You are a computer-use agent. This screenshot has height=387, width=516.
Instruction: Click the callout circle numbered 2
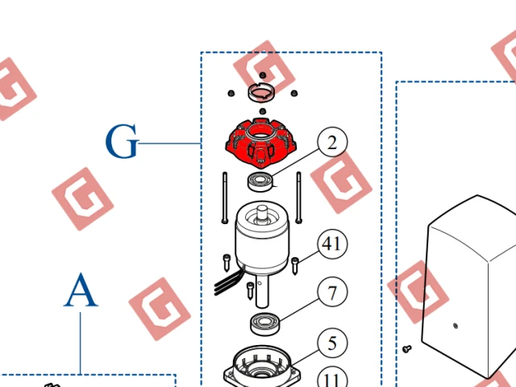pyautogui.click(x=332, y=142)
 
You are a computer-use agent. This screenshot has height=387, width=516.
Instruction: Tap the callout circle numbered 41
pyautogui.click(x=332, y=243)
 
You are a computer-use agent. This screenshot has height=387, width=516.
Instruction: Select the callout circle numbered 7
pyautogui.click(x=332, y=292)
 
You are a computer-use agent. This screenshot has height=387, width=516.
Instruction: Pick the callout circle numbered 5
pyautogui.click(x=332, y=343)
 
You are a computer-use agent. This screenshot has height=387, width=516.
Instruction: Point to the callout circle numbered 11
pyautogui.click(x=332, y=378)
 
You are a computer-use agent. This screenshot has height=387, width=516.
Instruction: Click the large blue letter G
pyautogui.click(x=122, y=142)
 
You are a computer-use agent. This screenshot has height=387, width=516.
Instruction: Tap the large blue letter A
pyautogui.click(x=81, y=290)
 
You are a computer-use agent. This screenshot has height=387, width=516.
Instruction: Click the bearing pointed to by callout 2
pyautogui.click(x=260, y=182)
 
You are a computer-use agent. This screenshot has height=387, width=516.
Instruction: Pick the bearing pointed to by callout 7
pyautogui.click(x=265, y=324)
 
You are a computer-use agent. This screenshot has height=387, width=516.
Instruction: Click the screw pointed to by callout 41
pyautogui.click(x=295, y=265)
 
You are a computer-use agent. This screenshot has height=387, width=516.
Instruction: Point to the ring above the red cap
pyautogui.click(x=262, y=93)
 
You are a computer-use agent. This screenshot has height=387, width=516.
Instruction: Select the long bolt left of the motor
pyautogui.click(x=225, y=198)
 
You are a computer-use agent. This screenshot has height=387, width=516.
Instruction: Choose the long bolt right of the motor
pyautogui.click(x=299, y=198)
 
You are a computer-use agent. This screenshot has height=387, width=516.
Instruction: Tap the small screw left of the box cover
pyautogui.click(x=407, y=348)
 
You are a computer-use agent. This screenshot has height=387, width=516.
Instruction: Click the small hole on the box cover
pyautogui.click(x=456, y=326)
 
